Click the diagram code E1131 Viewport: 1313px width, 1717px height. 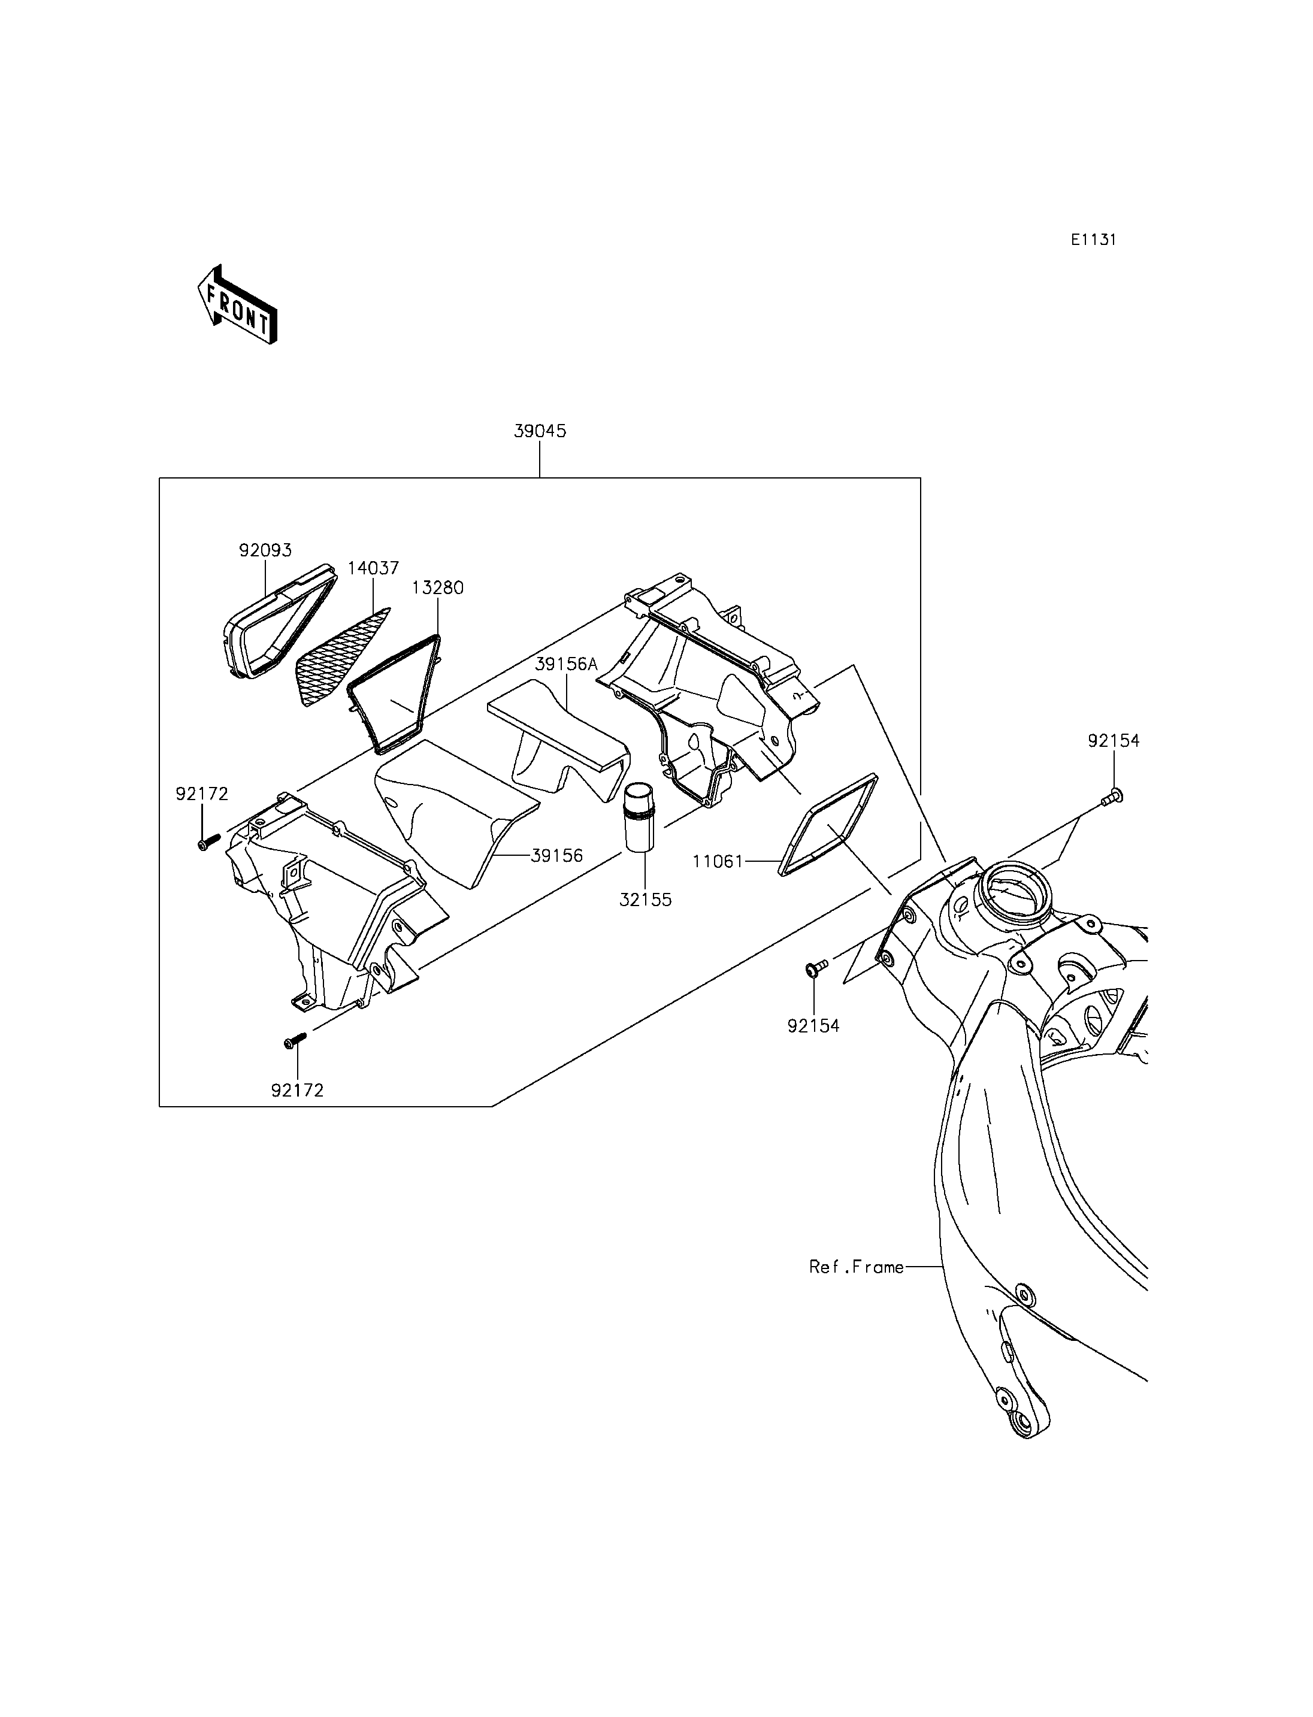coord(1093,240)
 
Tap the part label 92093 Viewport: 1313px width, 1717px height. coord(265,550)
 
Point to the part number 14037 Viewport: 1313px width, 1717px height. coord(374,568)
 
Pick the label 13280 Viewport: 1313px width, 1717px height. coord(438,587)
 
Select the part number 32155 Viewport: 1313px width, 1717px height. coord(646,900)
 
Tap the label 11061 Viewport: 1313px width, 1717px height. coord(718,861)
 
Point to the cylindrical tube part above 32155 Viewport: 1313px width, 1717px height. coord(641,816)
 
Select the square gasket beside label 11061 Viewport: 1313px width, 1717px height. coord(828,826)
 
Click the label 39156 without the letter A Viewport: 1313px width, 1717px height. coord(557,856)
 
